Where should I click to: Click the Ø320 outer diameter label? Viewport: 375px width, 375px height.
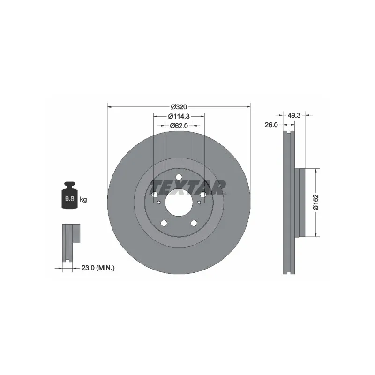click(x=179, y=107)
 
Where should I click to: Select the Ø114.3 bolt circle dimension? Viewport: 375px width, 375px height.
click(x=179, y=116)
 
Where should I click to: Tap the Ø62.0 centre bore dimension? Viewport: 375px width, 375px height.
click(x=179, y=126)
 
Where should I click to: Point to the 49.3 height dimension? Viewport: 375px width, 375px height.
click(x=294, y=115)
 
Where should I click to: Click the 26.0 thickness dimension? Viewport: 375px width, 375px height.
click(x=271, y=125)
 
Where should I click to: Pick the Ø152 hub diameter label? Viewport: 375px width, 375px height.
click(x=316, y=202)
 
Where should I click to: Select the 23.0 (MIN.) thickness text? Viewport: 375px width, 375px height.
click(x=98, y=268)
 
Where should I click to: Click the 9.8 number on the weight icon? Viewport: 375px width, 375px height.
click(x=69, y=198)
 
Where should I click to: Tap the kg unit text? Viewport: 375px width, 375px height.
click(x=83, y=199)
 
